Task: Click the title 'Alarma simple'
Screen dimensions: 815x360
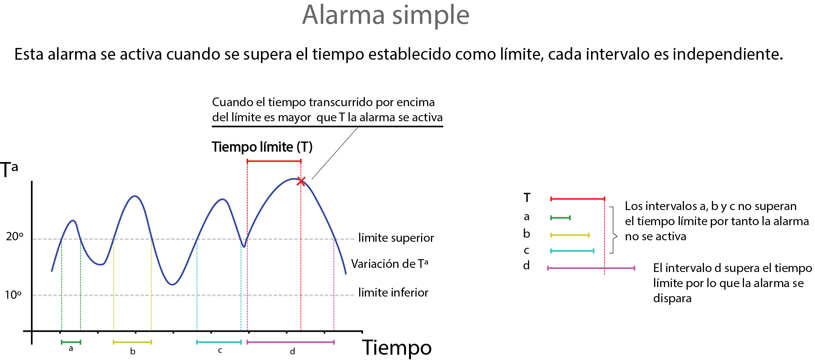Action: [x=386, y=15]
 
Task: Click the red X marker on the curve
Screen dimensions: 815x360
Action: [x=301, y=181]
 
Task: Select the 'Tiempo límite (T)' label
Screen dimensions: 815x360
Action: [x=262, y=147]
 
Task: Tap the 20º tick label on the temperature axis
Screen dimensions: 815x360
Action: [x=15, y=236]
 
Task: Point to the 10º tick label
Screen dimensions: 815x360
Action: [x=13, y=295]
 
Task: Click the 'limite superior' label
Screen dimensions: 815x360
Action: [x=396, y=238]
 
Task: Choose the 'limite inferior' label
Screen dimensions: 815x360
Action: [x=393, y=292]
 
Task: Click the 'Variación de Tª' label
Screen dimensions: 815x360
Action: [x=390, y=264]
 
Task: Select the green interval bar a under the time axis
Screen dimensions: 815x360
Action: [x=71, y=342]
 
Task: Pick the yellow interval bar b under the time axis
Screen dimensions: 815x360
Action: [x=132, y=342]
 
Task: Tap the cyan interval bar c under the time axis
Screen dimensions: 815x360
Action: [x=219, y=342]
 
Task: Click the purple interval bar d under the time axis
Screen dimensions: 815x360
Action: [x=290, y=342]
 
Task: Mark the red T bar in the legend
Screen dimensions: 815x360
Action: [x=577, y=199]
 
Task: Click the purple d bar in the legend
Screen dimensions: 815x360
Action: [x=591, y=268]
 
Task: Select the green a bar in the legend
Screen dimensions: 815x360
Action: [x=560, y=218]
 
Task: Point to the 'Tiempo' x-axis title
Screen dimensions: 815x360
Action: [x=397, y=348]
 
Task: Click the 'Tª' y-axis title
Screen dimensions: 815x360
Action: [x=9, y=169]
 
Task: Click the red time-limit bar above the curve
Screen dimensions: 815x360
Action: [x=274, y=161]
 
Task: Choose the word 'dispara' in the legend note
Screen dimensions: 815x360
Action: [x=672, y=298]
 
